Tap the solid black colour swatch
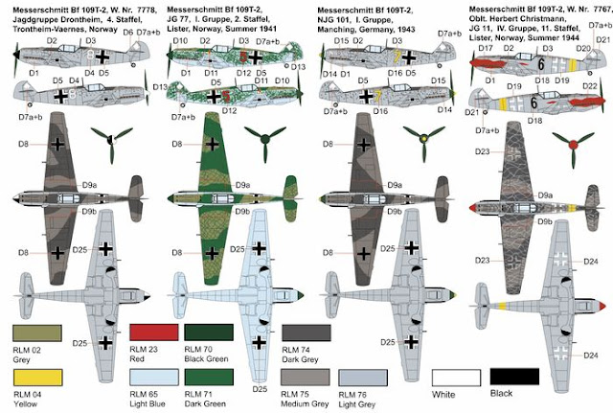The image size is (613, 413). coord(509,379)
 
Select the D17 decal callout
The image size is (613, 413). coord(486,48)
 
